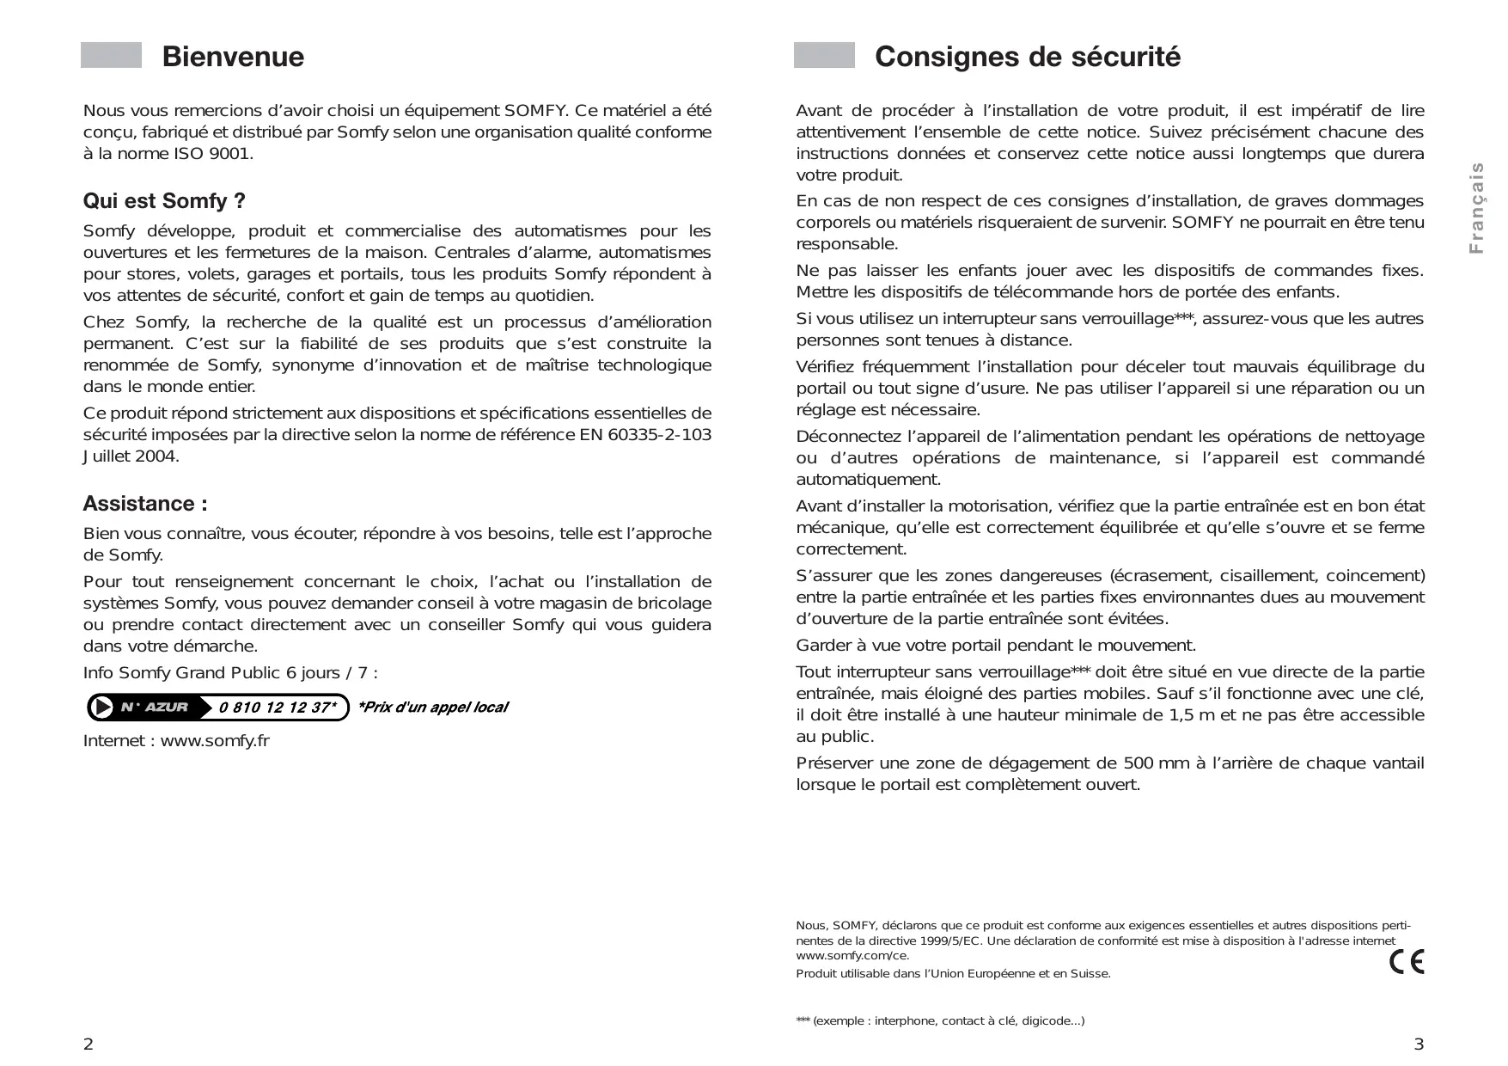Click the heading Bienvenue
[233, 57]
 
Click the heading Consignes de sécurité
[1027, 57]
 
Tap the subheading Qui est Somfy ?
[164, 201]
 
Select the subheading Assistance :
[145, 504]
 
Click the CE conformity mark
[1407, 961]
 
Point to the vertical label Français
[1476, 208]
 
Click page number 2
[88, 1045]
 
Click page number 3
[1419, 1045]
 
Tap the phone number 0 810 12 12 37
[276, 708]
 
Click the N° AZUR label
[155, 708]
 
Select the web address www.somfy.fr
[215, 741]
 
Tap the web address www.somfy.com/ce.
[852, 956]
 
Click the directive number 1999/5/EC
[944, 941]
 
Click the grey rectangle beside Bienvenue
[111, 55]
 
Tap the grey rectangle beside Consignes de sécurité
[824, 55]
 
